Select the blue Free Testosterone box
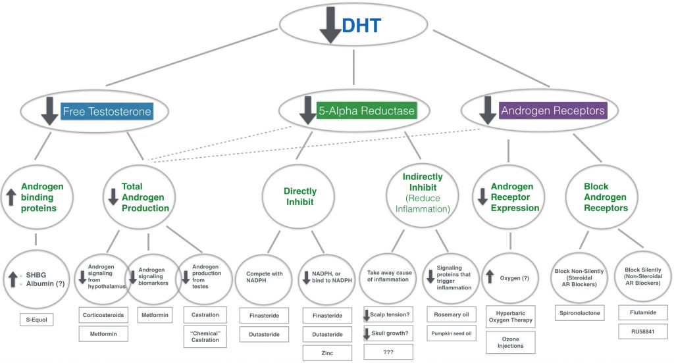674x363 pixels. (107, 112)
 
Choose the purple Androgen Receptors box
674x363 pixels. (553, 110)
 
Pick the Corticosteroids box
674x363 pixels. (104, 315)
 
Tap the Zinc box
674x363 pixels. (327, 352)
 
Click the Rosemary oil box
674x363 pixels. (452, 314)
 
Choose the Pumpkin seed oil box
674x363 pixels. (452, 333)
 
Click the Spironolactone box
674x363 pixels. (579, 313)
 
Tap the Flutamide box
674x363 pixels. (643, 313)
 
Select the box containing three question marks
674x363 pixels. (388, 352)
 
